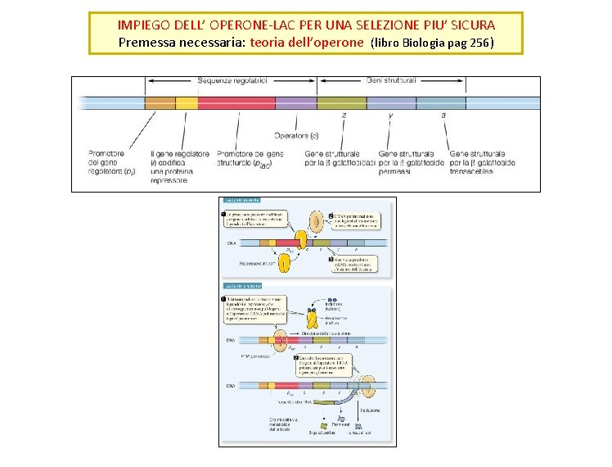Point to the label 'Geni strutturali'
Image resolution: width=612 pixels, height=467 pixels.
point(390,81)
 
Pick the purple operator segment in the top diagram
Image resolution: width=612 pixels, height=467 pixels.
point(295,103)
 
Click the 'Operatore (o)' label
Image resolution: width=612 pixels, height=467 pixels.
point(296,135)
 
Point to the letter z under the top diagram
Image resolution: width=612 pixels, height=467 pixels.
point(344,116)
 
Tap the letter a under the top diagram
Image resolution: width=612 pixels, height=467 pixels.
point(443,116)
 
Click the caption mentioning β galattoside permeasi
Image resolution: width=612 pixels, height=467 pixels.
point(406,162)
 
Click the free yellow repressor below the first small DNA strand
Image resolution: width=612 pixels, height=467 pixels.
point(285,262)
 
